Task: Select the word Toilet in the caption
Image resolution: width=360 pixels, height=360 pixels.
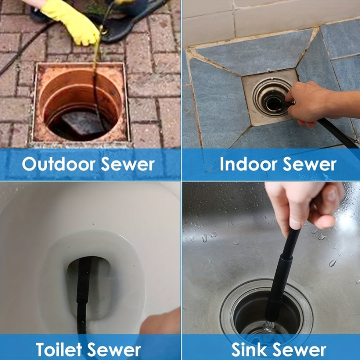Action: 59,350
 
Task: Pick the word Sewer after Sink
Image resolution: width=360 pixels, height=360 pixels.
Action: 300,350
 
